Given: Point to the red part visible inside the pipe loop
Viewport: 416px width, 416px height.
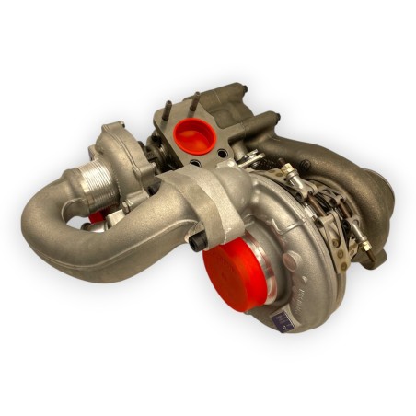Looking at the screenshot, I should point(97,217).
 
